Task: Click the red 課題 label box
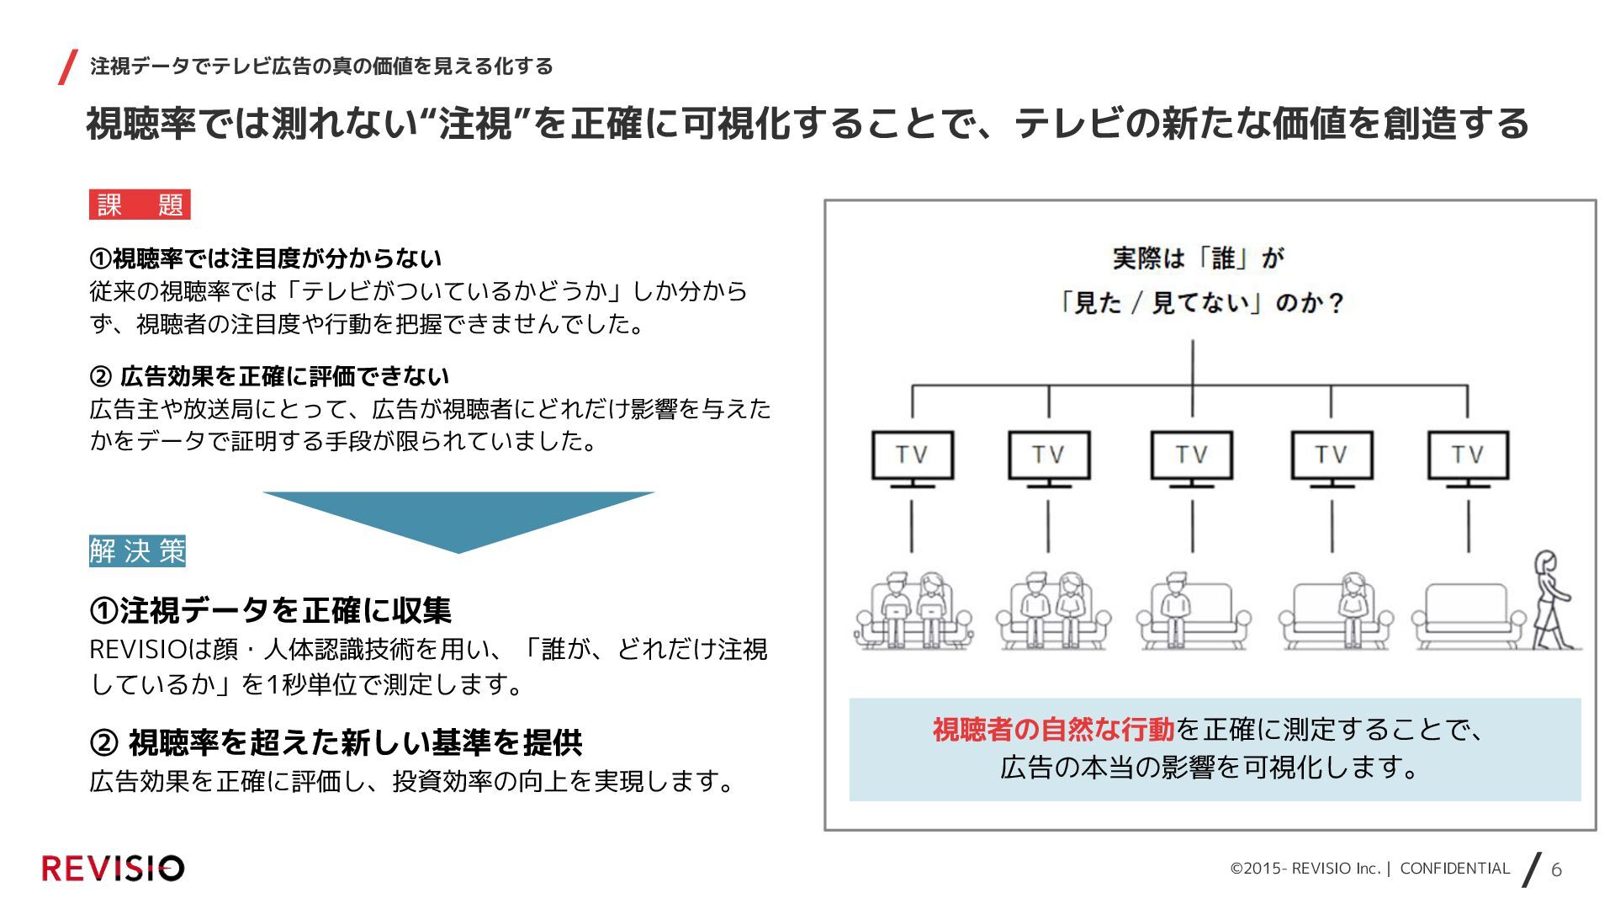pos(140,205)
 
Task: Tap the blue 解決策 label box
pos(137,551)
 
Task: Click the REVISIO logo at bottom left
pos(113,869)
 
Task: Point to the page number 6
pos(1556,869)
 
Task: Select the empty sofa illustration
pos(1469,616)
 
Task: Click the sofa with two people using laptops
pos(913,612)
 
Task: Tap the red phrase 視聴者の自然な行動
pos(1052,730)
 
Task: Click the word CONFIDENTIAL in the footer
pos(1454,869)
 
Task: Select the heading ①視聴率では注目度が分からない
pos(266,258)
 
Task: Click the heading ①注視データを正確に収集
pos(271,610)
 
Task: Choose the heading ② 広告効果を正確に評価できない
pos(270,376)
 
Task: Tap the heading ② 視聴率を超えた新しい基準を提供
pos(336,742)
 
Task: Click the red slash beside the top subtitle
pos(68,67)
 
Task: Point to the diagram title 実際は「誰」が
pos(1198,258)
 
